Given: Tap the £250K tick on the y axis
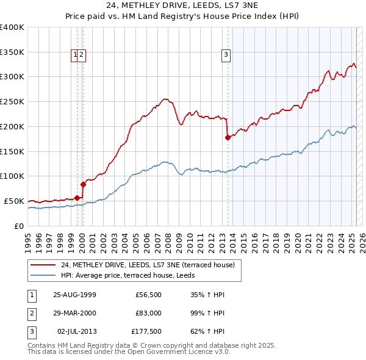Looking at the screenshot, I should tap(12, 102).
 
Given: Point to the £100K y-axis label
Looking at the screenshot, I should tap(12, 176).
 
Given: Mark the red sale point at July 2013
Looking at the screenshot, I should tap(228, 137).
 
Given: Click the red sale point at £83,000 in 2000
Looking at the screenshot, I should tap(83, 184).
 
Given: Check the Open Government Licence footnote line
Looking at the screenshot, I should tap(129, 351).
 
